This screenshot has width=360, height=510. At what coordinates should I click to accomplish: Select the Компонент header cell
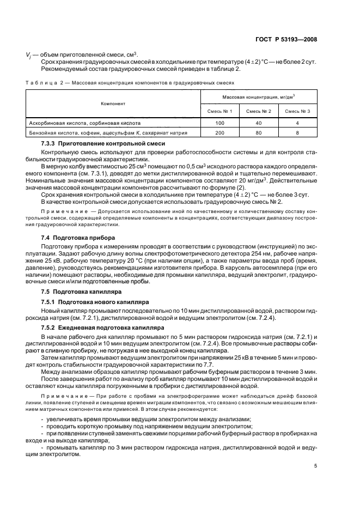[x=113, y=103]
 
